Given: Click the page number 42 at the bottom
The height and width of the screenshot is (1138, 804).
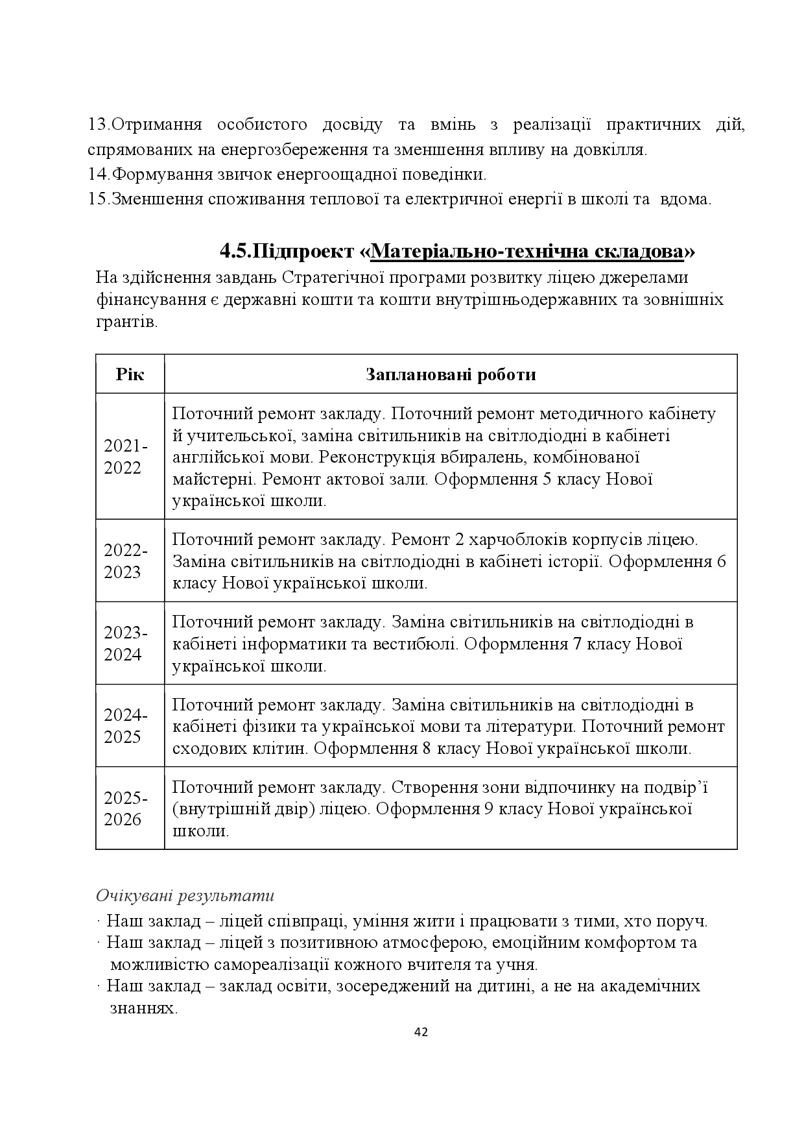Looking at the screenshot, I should tap(421, 1032).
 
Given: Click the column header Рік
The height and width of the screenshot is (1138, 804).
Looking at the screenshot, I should tap(130, 374).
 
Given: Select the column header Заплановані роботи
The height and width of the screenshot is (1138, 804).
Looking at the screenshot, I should tap(451, 374).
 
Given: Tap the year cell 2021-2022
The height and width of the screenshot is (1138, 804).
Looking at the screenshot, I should tap(126, 457).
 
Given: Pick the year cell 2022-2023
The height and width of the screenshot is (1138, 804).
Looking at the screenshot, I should tap(126, 561).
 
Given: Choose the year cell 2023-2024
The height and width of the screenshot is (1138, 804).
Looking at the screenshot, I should tap(126, 644).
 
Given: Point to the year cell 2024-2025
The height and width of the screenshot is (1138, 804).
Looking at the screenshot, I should tap(126, 726).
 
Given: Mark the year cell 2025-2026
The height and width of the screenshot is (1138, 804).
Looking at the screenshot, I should tap(126, 808).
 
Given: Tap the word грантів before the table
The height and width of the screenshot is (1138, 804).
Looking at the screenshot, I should tap(126, 322).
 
